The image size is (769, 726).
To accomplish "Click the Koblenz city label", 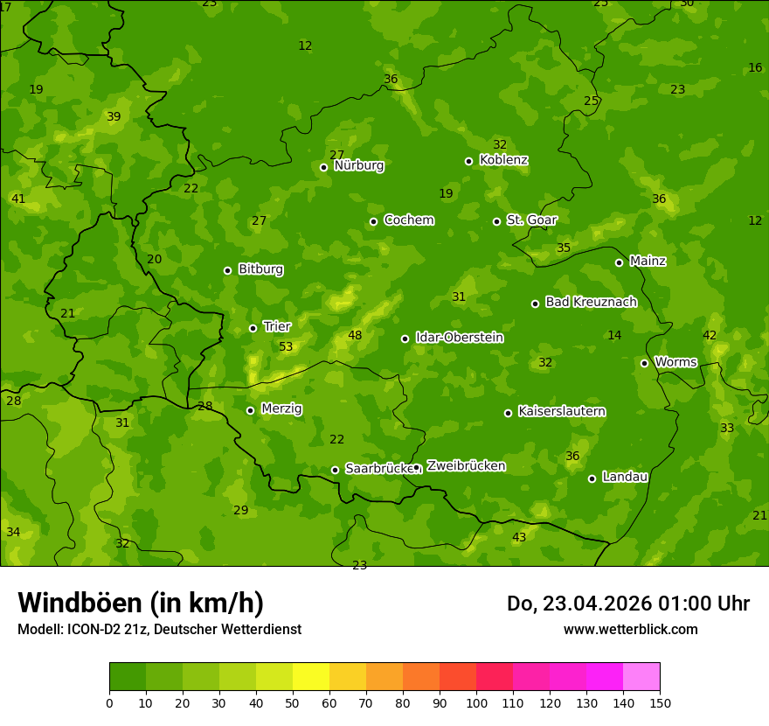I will point(503,160).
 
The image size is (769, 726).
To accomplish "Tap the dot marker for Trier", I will point(253,328).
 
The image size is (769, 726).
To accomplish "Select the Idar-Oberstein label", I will point(458,338).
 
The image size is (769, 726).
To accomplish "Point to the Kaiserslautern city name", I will point(562,411).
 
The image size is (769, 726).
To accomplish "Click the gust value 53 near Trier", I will point(286,347).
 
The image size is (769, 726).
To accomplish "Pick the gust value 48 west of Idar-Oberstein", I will point(355,335).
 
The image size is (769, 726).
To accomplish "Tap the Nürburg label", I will point(358,165).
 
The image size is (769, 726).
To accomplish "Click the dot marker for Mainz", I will point(619,262).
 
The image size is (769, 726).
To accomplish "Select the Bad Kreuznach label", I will point(591,302).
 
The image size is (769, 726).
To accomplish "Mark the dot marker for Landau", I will point(592,478).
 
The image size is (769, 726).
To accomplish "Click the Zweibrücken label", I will point(466,466).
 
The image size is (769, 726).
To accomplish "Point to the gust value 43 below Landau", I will point(519,537).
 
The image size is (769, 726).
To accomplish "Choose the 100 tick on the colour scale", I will point(476,702).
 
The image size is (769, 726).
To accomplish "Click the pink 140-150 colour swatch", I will point(641,677).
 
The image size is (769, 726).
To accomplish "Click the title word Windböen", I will point(80,603).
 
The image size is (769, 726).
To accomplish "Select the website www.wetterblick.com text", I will point(630,629).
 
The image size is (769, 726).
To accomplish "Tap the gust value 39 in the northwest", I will point(114,116).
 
